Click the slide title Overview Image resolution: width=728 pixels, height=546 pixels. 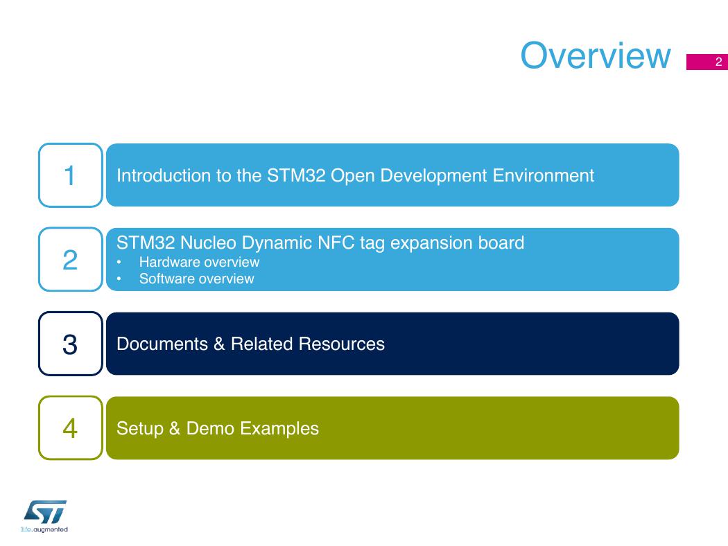(595, 55)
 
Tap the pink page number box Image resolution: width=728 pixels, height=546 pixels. (707, 62)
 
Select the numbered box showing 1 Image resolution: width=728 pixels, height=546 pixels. (71, 175)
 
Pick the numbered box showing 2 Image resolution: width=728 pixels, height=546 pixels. (71, 259)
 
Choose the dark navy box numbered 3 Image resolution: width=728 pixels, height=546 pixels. (71, 344)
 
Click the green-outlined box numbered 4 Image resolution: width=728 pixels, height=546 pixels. (71, 428)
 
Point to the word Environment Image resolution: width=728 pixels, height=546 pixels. (543, 175)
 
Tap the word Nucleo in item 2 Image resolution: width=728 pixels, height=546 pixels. (208, 243)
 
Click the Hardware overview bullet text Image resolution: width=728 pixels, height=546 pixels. (199, 262)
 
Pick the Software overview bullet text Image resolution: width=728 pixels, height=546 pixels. (196, 279)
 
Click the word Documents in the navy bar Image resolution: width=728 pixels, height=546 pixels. (162, 344)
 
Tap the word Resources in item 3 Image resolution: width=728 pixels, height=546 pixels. (341, 344)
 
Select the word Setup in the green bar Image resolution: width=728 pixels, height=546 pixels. (140, 429)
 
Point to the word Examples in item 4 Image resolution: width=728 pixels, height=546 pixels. (279, 429)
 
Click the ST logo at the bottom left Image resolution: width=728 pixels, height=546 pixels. (45, 511)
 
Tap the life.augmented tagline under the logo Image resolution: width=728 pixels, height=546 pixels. (44, 529)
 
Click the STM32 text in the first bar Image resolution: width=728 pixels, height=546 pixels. (296, 175)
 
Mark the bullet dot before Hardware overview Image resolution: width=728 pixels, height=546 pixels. (119, 263)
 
